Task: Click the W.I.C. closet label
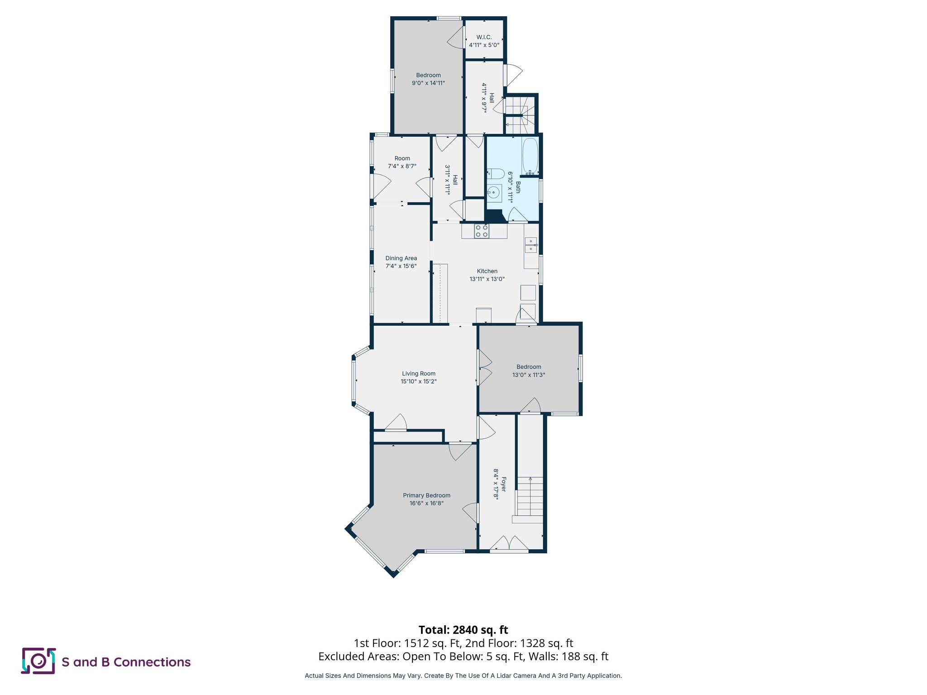point(484,37)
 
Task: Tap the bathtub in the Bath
point(530,156)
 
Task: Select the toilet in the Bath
point(496,174)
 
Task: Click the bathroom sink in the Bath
point(494,193)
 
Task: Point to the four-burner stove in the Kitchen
point(482,231)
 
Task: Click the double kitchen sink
point(530,245)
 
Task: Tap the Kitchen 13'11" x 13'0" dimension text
point(487,279)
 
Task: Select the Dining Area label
point(401,258)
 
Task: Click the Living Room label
point(418,374)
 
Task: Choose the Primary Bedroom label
point(426,495)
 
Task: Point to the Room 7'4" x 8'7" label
point(402,162)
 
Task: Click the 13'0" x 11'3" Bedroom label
point(528,371)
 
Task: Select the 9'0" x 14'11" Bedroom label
point(428,79)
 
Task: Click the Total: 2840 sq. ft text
point(463,630)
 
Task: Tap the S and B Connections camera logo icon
point(38,661)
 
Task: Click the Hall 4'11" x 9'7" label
point(487,98)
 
